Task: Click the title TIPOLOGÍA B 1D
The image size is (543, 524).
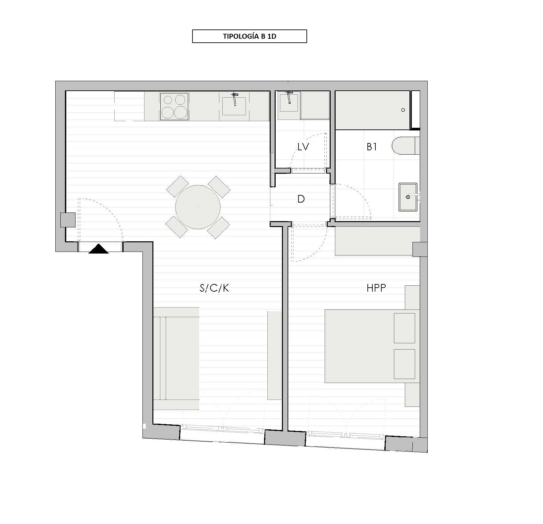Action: coord(249,36)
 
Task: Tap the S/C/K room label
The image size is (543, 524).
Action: coord(214,288)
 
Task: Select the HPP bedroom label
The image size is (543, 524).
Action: coord(376,288)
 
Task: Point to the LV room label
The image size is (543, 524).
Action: coord(303,147)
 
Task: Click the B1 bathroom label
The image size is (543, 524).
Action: coord(372,147)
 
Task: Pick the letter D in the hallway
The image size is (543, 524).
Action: coord(301,199)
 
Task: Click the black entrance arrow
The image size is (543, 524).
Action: coord(98,249)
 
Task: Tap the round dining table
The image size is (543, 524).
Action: coord(198,207)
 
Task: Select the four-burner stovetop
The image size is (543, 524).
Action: coord(174,106)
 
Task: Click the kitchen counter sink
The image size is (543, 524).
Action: coord(234,106)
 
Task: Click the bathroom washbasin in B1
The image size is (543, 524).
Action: coord(408,197)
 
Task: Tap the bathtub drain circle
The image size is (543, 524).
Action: coord(403,110)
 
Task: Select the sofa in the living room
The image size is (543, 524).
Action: coord(176,358)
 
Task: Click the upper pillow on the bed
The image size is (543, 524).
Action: coord(405,328)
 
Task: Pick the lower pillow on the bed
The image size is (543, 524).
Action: coord(405,364)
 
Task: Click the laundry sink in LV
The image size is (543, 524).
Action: coord(289,103)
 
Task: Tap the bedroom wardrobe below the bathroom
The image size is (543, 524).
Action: coord(377,241)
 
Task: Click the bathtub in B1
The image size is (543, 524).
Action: coord(373,110)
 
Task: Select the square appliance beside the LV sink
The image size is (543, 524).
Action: coord(315,105)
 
